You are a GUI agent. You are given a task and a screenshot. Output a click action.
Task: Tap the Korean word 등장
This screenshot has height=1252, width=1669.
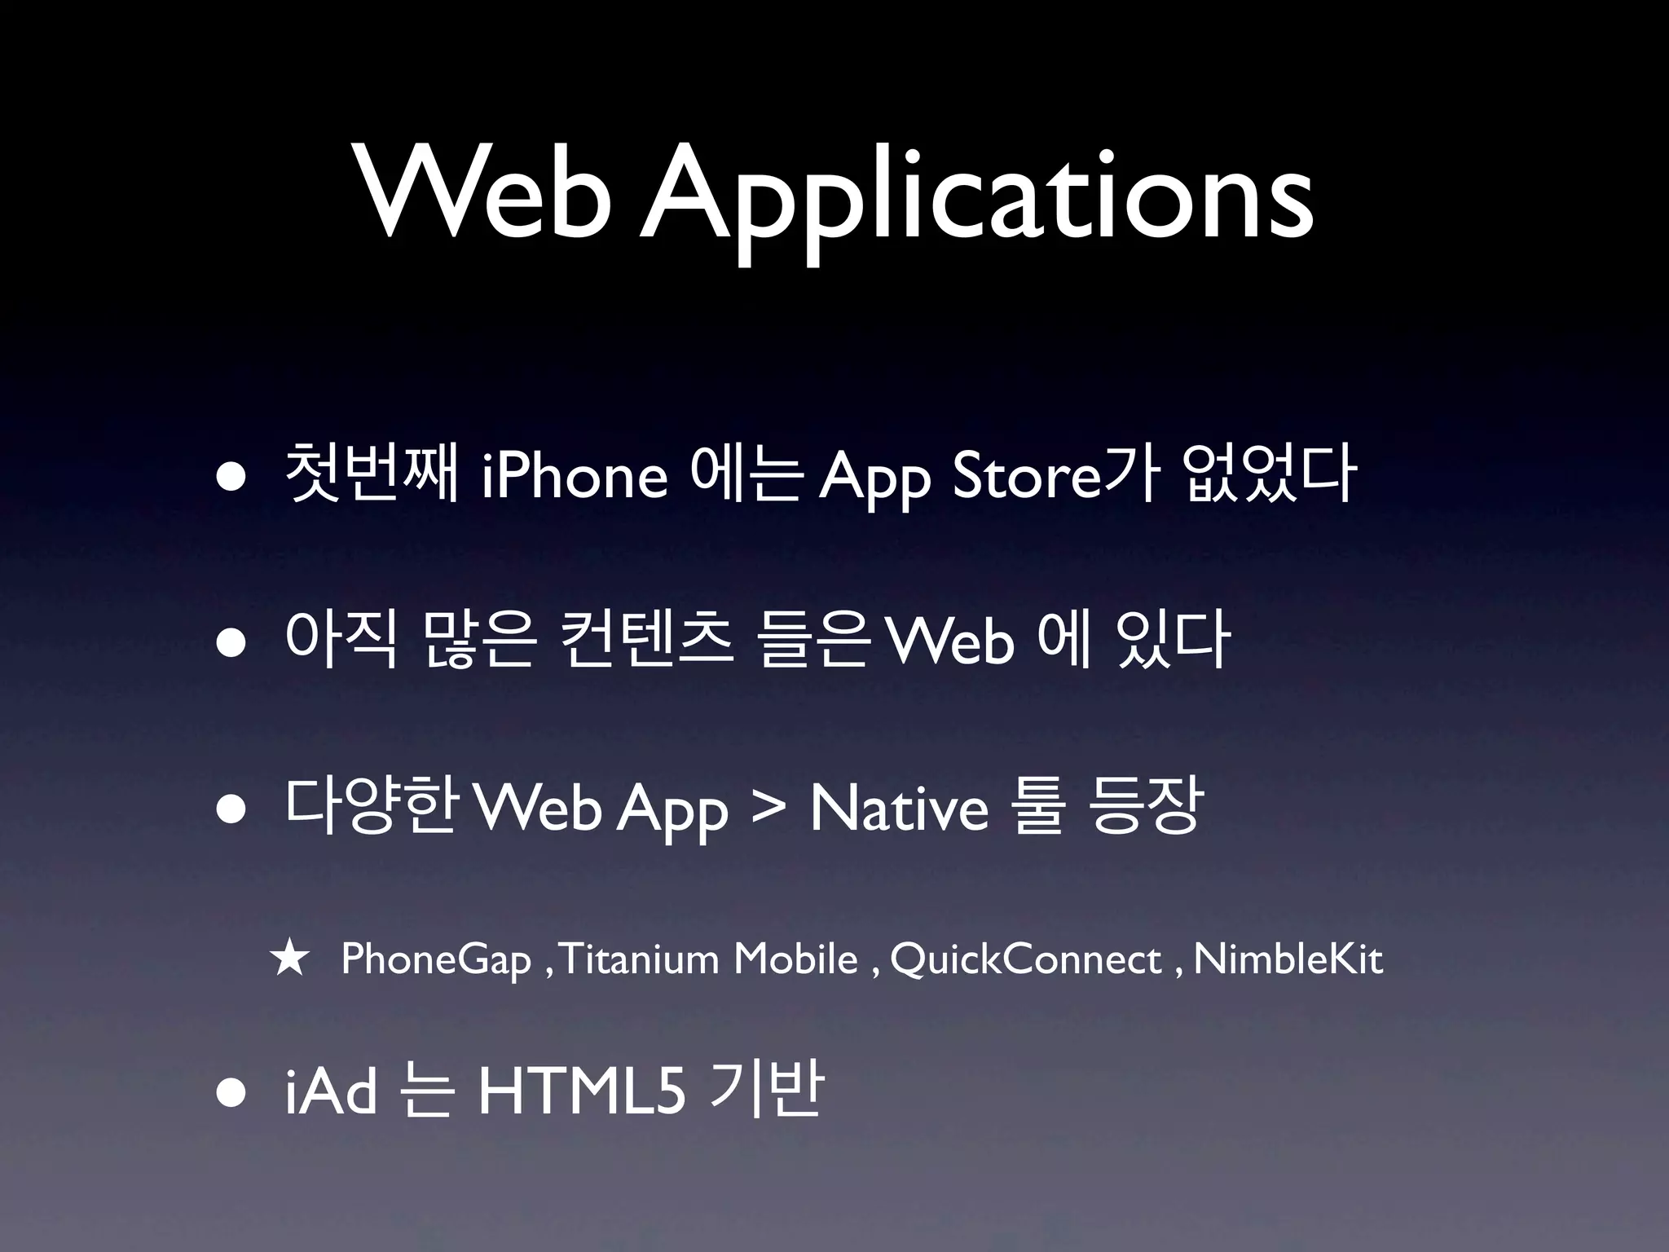point(1144,808)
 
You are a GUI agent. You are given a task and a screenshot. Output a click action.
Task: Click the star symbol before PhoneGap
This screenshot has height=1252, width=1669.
point(290,959)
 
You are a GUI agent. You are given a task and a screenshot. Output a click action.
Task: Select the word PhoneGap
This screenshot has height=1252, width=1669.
point(436,960)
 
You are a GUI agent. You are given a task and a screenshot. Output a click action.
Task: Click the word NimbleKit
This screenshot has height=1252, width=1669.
point(1288,959)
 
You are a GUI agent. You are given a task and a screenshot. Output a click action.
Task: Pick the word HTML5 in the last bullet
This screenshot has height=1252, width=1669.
point(580,1093)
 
